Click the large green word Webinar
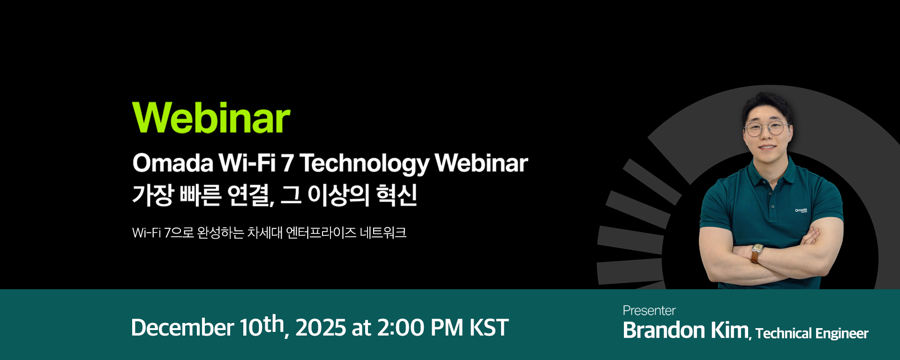click(211, 118)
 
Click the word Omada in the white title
click(172, 163)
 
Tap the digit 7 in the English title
click(287, 163)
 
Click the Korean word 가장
click(153, 195)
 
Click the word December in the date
click(182, 327)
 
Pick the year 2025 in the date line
click(321, 327)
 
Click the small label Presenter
click(649, 310)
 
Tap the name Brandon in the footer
click(664, 330)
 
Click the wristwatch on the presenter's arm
click(757, 250)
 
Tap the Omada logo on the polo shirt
click(801, 210)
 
